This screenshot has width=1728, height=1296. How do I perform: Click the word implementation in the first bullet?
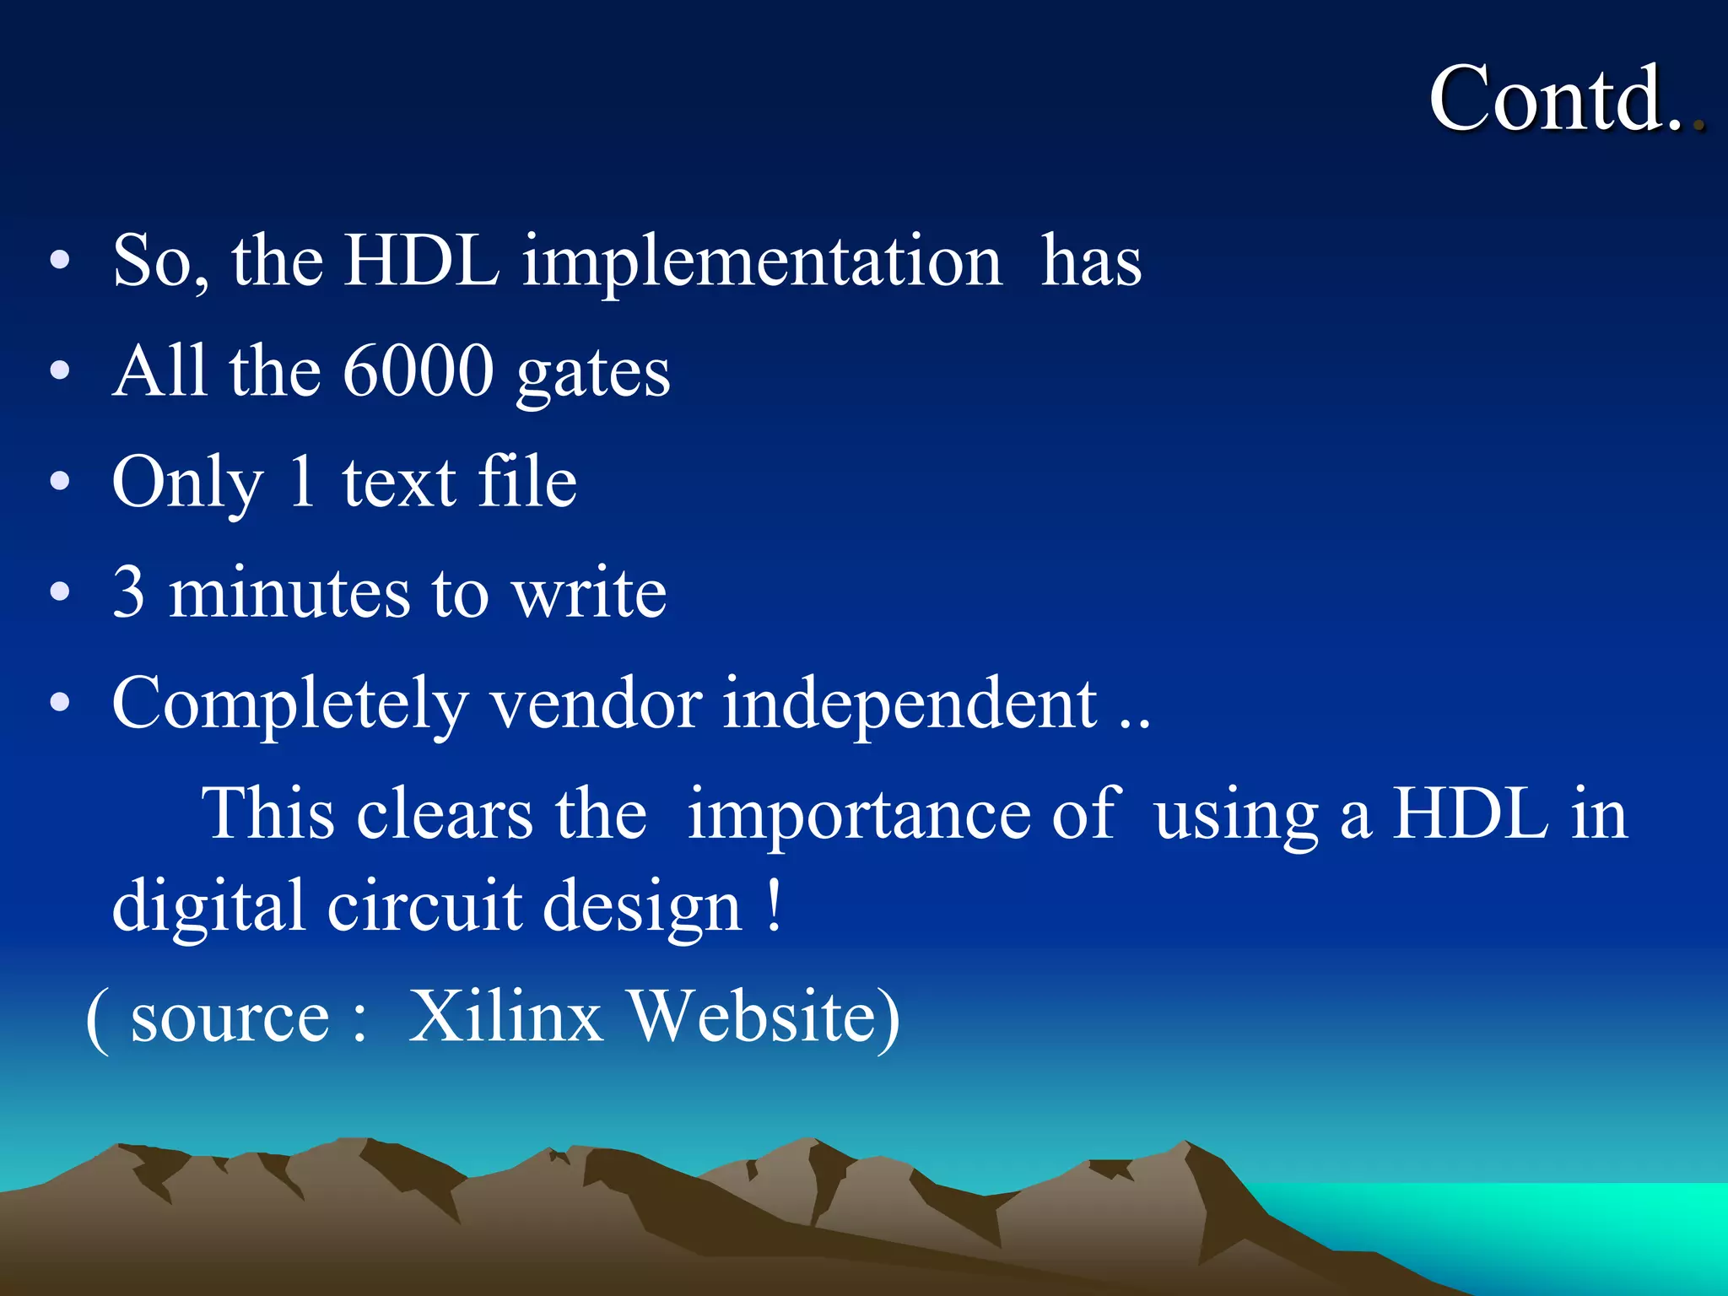(x=762, y=262)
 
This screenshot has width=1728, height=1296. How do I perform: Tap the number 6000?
(x=418, y=371)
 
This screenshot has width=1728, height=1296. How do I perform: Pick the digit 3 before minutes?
(x=128, y=592)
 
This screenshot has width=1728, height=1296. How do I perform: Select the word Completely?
(x=289, y=705)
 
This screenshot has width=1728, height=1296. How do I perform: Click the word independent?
(x=910, y=705)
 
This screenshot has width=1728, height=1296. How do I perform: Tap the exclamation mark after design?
(x=775, y=906)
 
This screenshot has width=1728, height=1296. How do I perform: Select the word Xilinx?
(x=505, y=1016)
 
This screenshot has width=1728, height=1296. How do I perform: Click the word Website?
(x=764, y=1016)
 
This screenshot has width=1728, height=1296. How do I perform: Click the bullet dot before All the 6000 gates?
(x=59, y=371)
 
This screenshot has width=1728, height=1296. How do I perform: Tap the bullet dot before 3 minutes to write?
(x=59, y=592)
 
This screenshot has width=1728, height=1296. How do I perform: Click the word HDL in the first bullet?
(x=422, y=262)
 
